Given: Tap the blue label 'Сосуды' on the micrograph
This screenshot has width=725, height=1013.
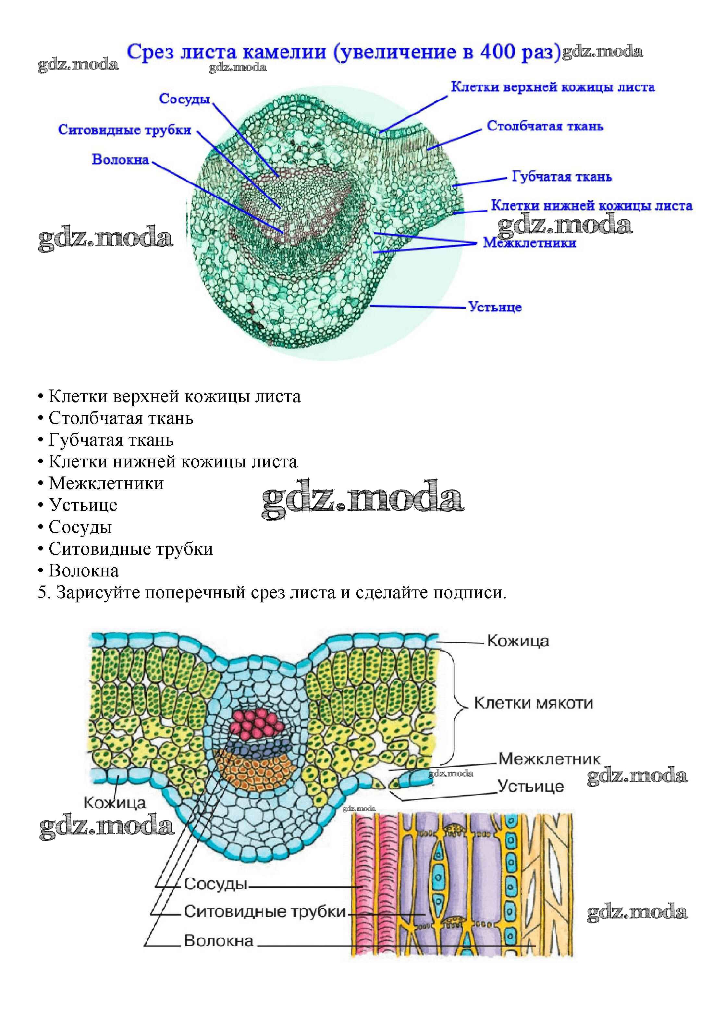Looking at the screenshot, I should pyautogui.click(x=184, y=99).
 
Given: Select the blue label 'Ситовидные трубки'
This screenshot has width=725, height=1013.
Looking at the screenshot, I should pyautogui.click(x=125, y=130).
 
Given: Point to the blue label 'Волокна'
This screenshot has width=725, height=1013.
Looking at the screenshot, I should pyautogui.click(x=120, y=159).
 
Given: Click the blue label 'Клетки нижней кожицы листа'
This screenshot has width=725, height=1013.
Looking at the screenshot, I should pyautogui.click(x=592, y=206).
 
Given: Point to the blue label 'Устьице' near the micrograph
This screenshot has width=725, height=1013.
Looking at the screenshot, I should pyautogui.click(x=495, y=307).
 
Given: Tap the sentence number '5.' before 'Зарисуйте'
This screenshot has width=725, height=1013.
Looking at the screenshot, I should pyautogui.click(x=43, y=593).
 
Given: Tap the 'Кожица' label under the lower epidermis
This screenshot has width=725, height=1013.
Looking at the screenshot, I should pyautogui.click(x=115, y=803).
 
